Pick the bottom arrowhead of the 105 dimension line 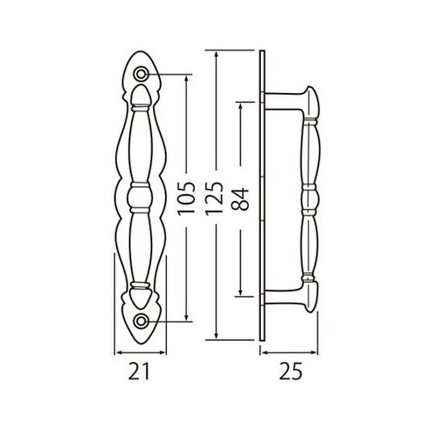(x=186, y=318)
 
